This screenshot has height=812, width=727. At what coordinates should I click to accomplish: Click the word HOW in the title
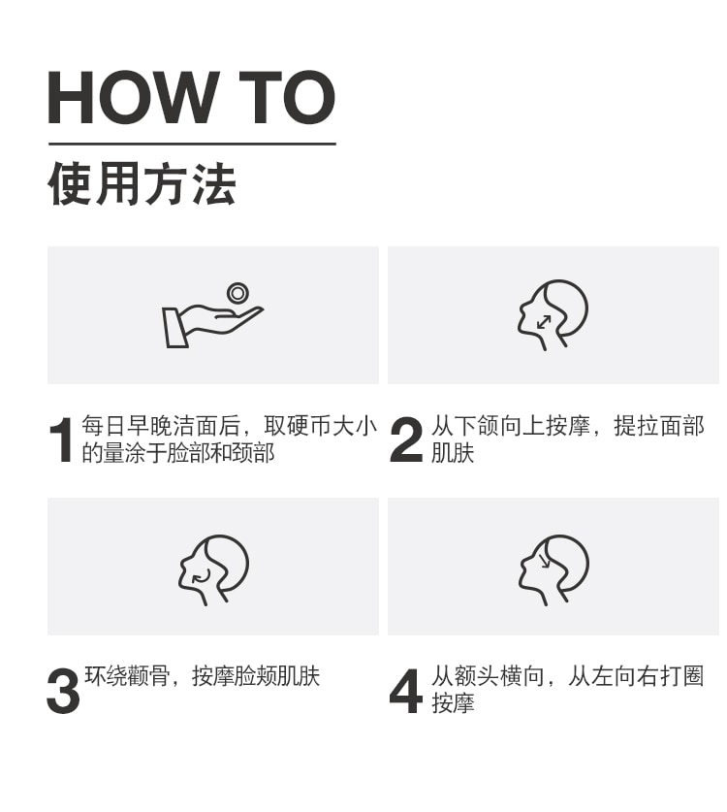pyautogui.click(x=132, y=97)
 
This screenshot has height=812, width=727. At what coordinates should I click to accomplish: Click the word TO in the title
pyautogui.click(x=287, y=97)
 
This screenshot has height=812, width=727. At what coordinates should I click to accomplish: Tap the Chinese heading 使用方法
pyautogui.click(x=142, y=183)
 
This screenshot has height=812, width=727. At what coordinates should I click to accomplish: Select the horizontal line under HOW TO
pyautogui.click(x=192, y=144)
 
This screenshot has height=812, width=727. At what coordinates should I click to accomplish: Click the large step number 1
pyautogui.click(x=61, y=439)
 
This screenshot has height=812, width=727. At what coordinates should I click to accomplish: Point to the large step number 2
pyautogui.click(x=406, y=439)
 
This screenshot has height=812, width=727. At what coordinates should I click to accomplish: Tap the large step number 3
pyautogui.click(x=63, y=692)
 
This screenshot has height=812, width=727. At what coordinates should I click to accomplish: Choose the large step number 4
pyautogui.click(x=406, y=692)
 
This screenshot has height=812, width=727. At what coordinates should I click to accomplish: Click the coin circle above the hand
pyautogui.click(x=237, y=293)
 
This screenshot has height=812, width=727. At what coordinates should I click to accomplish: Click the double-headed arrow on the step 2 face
pyautogui.click(x=543, y=322)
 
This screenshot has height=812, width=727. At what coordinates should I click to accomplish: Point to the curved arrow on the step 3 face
pyautogui.click(x=202, y=576)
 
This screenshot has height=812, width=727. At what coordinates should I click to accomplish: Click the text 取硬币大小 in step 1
pyautogui.click(x=320, y=426)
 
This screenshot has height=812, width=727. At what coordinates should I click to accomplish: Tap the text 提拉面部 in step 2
pyautogui.click(x=659, y=426)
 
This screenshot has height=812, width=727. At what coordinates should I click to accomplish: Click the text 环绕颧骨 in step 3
pyautogui.click(x=127, y=676)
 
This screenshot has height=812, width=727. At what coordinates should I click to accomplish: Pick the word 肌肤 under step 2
pyautogui.click(x=453, y=453)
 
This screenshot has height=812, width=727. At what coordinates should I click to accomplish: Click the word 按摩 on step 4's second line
pyautogui.click(x=453, y=703)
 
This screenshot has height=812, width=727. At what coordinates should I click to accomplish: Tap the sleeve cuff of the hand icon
pyautogui.click(x=174, y=328)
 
